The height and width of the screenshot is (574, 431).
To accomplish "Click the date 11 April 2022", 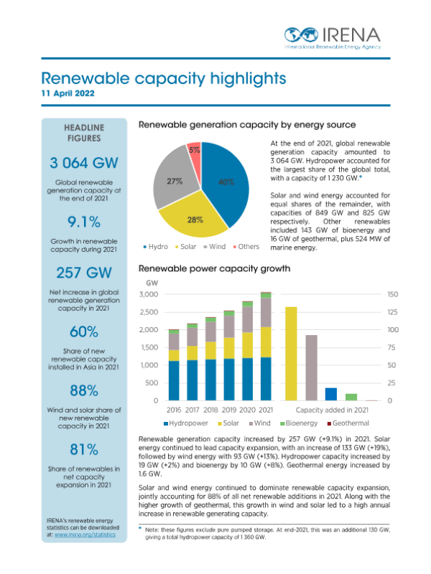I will (68, 94).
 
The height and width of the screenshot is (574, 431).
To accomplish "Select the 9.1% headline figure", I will (84, 220).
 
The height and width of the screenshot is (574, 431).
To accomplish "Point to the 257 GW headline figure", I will (84, 273).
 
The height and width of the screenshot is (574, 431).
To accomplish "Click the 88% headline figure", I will (84, 390).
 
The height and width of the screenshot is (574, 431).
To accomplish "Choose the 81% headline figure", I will (84, 449).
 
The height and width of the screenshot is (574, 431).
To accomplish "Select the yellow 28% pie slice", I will (194, 218).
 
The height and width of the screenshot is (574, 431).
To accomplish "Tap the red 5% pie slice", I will (194, 152).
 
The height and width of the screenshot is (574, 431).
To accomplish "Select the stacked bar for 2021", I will (266, 348).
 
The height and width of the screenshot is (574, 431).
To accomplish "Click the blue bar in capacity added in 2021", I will (331, 394).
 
